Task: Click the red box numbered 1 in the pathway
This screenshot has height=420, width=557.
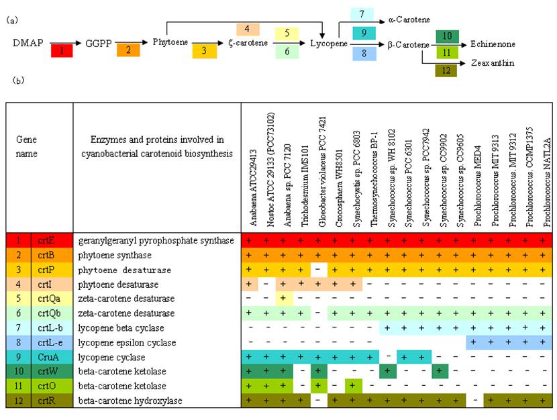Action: coord(60,50)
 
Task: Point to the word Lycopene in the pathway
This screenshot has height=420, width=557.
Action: coord(329,44)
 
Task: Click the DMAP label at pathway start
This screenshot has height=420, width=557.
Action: coord(28,43)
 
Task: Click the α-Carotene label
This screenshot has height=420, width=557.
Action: coord(409,20)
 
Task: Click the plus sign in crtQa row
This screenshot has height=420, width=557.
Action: coord(285,299)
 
